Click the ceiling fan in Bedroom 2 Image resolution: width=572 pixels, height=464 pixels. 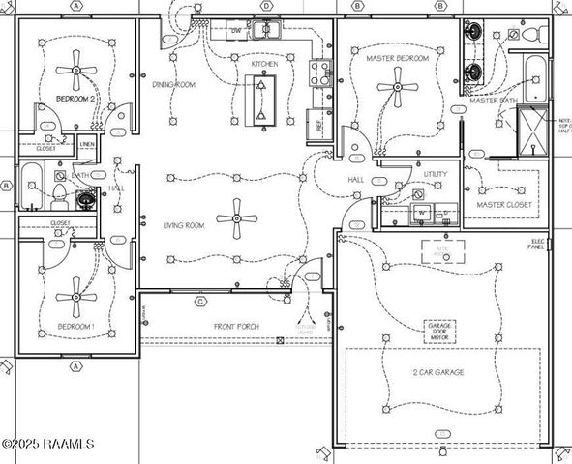[75, 70]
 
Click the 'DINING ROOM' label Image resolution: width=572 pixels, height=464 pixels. [174, 84]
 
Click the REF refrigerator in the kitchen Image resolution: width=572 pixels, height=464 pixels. [315, 124]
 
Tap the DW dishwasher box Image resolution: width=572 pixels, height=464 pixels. [235, 31]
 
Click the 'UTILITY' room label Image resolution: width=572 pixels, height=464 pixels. [436, 174]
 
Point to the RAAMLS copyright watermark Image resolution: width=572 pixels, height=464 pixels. [47, 444]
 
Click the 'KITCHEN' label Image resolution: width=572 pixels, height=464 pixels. [265, 64]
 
